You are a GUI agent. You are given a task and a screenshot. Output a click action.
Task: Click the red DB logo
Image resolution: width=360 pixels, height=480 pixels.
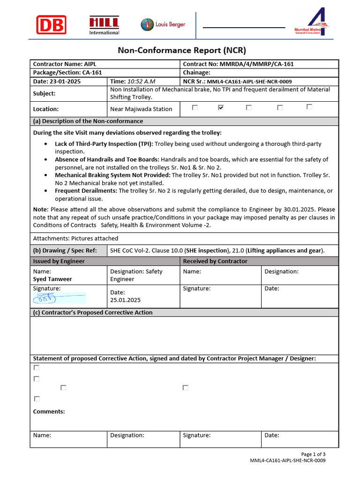click(x=51, y=25)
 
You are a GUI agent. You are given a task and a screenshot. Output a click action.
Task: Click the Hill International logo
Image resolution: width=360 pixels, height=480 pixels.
click(x=104, y=25)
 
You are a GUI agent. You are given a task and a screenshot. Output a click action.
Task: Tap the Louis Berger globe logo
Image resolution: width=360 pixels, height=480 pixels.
click(x=147, y=25)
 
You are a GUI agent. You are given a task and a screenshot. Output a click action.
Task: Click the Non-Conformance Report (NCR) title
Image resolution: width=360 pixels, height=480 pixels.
click(x=181, y=50)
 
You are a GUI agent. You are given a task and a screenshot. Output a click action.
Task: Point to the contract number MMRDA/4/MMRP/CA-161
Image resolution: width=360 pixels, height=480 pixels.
click(x=256, y=64)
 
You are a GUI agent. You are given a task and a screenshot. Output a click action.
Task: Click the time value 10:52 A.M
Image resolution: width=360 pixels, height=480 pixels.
click(x=138, y=81)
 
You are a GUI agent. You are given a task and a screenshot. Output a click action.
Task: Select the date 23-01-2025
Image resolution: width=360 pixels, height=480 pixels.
click(x=66, y=81)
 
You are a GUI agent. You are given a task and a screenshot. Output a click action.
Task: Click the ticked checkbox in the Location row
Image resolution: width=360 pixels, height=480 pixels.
click(x=221, y=108)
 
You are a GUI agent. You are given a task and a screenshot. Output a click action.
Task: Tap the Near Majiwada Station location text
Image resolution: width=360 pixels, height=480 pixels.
click(x=141, y=109)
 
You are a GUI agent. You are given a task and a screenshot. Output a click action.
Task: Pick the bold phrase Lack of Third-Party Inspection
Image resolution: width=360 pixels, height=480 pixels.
click(x=104, y=144)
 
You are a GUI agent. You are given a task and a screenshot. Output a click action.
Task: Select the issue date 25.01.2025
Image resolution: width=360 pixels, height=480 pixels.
click(x=125, y=300)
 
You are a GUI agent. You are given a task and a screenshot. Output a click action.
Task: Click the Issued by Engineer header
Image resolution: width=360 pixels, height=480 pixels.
click(x=59, y=261)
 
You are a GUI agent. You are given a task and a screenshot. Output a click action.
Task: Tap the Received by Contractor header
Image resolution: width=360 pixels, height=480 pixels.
click(x=215, y=261)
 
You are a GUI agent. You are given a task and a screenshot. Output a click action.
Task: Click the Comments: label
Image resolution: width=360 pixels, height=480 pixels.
click(x=49, y=412)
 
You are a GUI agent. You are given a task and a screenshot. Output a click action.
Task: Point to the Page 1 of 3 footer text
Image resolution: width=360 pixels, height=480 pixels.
click(x=313, y=454)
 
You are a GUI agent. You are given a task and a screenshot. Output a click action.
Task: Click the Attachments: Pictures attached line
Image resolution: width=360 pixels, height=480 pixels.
click(x=75, y=239)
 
